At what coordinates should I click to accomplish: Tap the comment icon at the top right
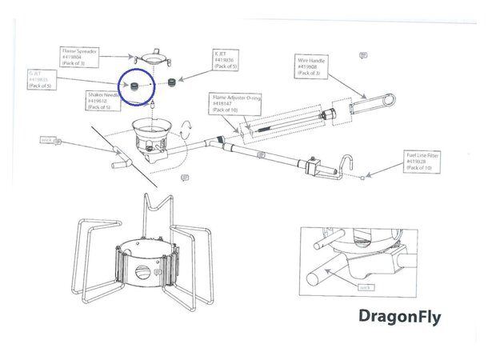click(x=364, y=55)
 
